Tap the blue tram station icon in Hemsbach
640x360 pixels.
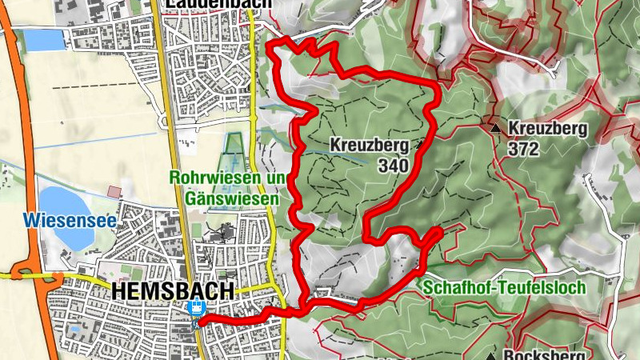click(x=194, y=308)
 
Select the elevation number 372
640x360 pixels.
click(x=522, y=149)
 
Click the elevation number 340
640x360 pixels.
click(x=394, y=166)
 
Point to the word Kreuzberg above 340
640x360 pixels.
click(x=369, y=145)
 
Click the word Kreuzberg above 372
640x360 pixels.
click(x=548, y=128)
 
